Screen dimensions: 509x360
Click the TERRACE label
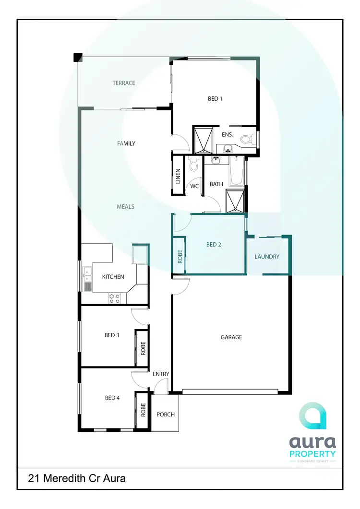click(124, 83)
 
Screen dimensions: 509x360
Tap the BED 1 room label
click(215, 99)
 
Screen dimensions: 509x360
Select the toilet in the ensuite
click(247, 139)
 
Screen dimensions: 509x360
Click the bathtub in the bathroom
click(237, 171)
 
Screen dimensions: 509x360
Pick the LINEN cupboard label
click(178, 176)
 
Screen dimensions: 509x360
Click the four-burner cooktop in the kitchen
click(115, 298)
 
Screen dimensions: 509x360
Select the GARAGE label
click(231, 337)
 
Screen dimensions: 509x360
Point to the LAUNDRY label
click(267, 257)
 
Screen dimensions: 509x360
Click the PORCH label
click(166, 414)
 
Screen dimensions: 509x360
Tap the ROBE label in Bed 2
click(180, 257)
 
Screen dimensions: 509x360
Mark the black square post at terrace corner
click(77, 57)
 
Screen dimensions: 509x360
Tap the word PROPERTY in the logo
click(312, 453)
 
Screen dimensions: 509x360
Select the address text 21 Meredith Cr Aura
click(77, 478)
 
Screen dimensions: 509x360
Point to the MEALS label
click(125, 207)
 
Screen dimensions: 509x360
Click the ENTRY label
click(161, 374)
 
